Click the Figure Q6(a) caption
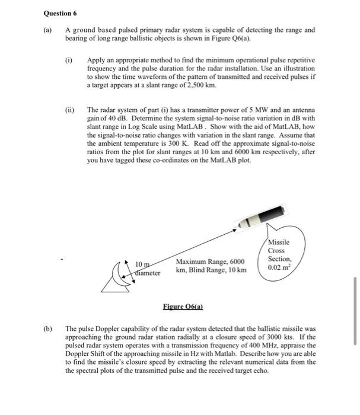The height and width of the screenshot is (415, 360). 183,307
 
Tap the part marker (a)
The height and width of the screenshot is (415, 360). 47,29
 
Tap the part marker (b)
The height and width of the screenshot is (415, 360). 47,328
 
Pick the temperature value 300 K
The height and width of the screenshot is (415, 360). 184,143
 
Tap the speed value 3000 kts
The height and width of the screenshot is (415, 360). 281,336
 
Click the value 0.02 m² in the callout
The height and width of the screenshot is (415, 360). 279,267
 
